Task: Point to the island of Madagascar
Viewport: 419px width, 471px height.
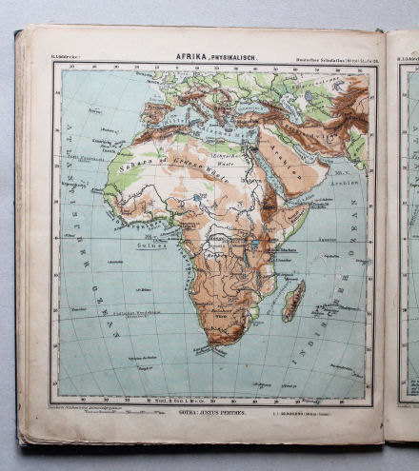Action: pyautogui.click(x=293, y=301)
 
